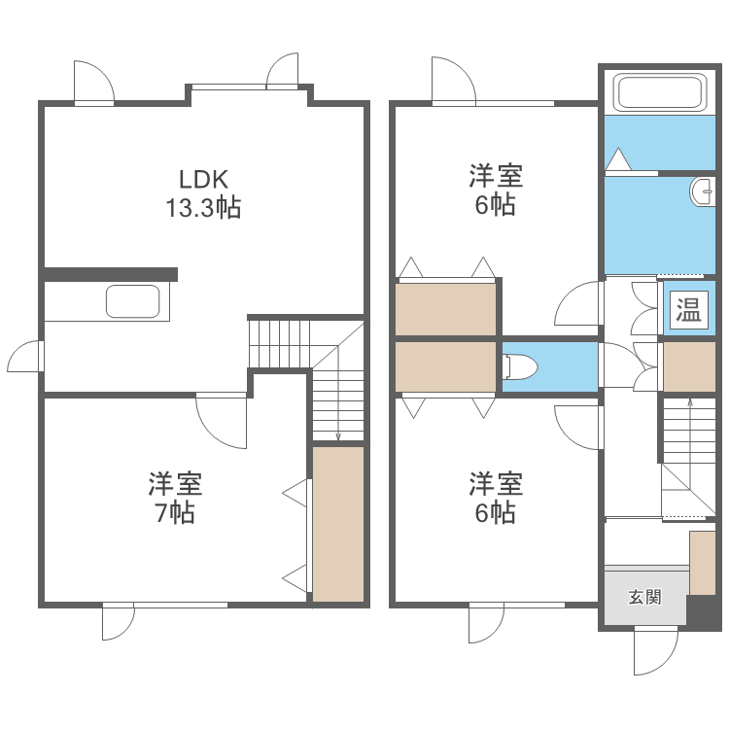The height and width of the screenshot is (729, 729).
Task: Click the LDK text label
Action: (202, 179)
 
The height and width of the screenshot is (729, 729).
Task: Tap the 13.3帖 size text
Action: (202, 207)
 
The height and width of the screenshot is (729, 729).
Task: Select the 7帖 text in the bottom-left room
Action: (175, 512)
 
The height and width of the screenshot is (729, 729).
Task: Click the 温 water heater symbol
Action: (689, 310)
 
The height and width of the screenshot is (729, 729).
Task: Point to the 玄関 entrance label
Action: (643, 596)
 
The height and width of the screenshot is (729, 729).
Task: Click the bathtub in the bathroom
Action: (660, 94)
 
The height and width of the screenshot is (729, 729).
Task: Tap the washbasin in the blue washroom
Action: (702, 192)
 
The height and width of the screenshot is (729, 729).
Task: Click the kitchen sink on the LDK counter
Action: (132, 301)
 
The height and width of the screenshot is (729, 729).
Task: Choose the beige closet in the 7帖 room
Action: (337, 522)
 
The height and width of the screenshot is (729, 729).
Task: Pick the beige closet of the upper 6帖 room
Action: (446, 308)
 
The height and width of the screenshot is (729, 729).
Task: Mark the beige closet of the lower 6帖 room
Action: (446, 366)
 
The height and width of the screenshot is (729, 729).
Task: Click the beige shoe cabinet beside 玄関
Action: (702, 563)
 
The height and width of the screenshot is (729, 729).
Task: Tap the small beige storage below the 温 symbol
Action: (689, 367)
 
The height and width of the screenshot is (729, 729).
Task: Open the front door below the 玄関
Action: (654, 649)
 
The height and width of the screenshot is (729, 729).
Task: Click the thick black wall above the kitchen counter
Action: (110, 274)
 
